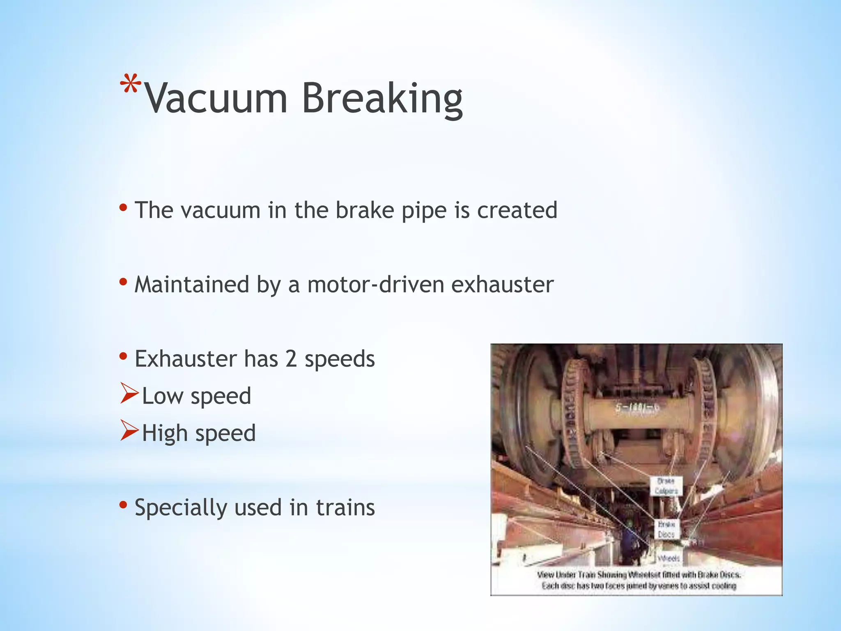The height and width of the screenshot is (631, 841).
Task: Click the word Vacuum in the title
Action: click(x=216, y=99)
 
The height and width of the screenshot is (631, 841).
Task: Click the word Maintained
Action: click(x=192, y=284)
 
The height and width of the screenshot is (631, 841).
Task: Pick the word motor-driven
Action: click(x=375, y=284)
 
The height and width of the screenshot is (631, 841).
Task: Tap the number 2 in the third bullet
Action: click(x=291, y=359)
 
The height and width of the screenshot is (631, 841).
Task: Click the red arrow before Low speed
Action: click(x=129, y=393)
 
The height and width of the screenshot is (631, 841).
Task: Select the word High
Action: click(x=165, y=434)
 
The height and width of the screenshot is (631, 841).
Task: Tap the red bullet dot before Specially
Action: click(x=123, y=504)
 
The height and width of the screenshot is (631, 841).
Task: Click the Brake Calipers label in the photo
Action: click(x=666, y=486)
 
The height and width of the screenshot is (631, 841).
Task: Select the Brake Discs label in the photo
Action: click(x=666, y=530)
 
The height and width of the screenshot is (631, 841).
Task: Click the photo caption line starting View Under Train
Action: click(x=639, y=574)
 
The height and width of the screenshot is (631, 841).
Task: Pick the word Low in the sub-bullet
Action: click(x=162, y=396)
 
